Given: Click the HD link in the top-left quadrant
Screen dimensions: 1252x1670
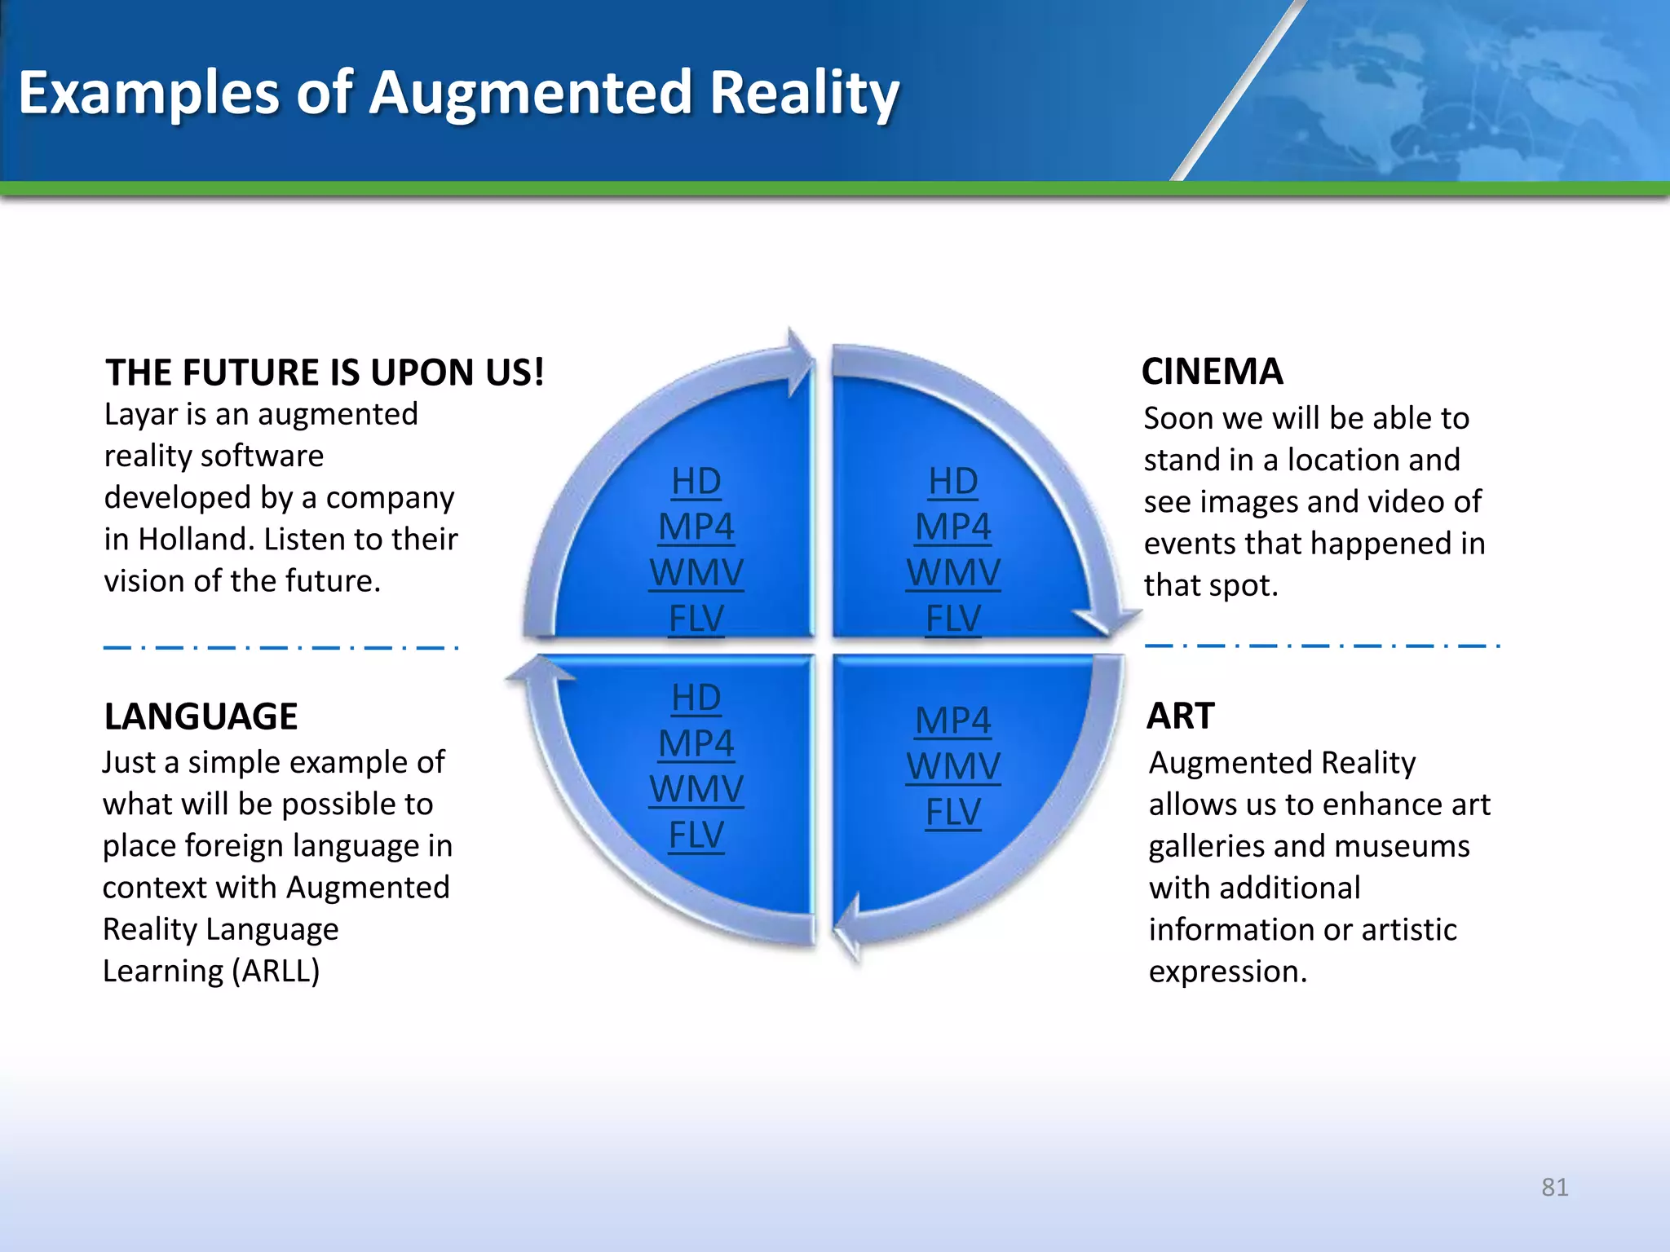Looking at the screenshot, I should pyautogui.click(x=696, y=482).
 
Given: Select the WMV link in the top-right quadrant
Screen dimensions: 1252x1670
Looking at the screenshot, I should pyautogui.click(x=953, y=573).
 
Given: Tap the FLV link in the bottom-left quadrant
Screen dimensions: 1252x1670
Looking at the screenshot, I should pyautogui.click(x=696, y=835).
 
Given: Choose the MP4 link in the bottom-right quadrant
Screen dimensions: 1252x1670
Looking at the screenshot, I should pyautogui.click(x=953, y=721).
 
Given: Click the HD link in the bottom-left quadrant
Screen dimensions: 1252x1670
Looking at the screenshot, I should pyautogui.click(x=696, y=698).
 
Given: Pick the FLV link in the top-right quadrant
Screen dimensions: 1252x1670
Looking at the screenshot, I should pyautogui.click(x=953, y=619).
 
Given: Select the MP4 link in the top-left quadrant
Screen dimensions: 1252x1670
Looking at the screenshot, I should pyautogui.click(x=696, y=527).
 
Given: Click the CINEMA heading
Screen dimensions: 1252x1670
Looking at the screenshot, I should pyautogui.click(x=1212, y=372).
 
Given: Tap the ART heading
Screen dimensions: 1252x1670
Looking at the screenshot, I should pyautogui.click(x=1180, y=716).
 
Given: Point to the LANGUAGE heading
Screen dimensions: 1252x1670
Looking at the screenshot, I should pyautogui.click(x=201, y=716).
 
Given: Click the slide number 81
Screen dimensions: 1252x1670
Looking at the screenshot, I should pyautogui.click(x=1554, y=1187).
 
